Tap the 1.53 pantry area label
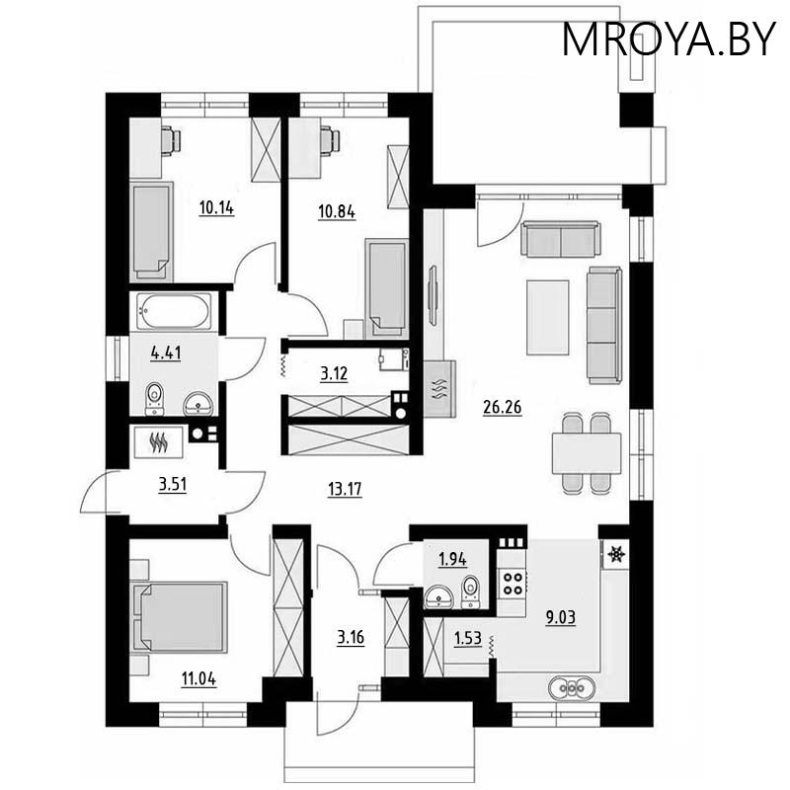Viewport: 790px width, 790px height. pos(467,639)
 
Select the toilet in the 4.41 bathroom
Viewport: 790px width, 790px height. pos(154,398)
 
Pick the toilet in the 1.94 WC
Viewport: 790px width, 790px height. pos(470,590)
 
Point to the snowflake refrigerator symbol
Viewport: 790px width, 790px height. pos(614,555)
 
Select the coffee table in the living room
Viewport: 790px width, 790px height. pos(548,316)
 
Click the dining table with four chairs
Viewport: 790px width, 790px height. pos(586,453)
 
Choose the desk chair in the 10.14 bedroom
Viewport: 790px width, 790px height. pos(171,141)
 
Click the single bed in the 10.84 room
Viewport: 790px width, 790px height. pos(385,286)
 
